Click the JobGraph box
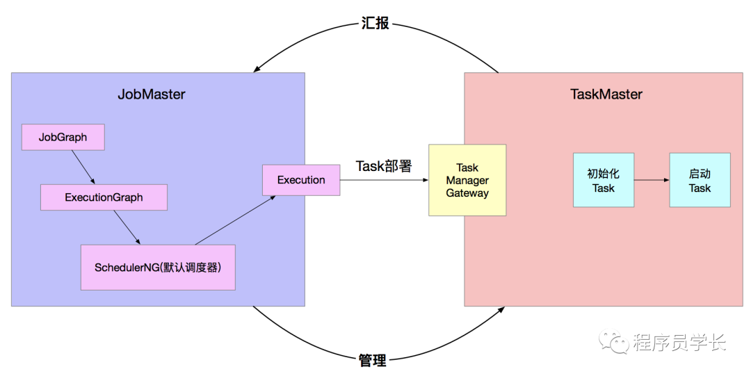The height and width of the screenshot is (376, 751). pos(63,137)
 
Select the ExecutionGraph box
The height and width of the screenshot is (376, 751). pos(104,197)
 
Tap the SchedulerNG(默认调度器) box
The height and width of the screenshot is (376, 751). pos(158,267)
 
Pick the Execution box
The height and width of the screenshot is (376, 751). pos(301,180)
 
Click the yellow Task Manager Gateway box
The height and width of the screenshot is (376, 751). pos(467,180)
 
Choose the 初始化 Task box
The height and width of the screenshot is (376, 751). pos(604,180)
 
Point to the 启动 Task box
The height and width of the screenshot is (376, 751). pos(700,180)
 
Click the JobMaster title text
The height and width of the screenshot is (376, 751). pos(152,94)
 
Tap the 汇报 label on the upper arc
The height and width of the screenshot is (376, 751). pos(375,23)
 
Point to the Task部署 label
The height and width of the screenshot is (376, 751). pos(383,166)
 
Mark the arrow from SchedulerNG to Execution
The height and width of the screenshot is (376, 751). pos(235,220)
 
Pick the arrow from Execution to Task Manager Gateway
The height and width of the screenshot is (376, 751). pos(384,180)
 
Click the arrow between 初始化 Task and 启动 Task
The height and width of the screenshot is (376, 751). pos(652,180)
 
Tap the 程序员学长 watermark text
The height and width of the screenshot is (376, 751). pos(679,342)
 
